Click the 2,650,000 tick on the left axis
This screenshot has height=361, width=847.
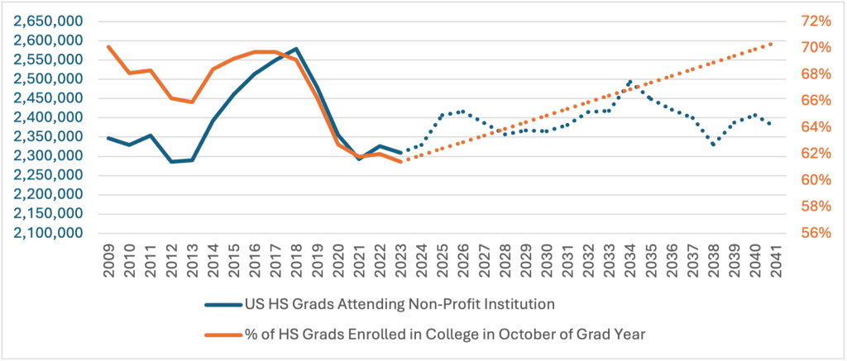[51, 21]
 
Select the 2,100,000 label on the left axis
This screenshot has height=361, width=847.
[51, 233]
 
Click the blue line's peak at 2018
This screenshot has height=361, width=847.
[296, 49]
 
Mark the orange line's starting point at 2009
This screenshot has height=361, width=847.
[108, 46]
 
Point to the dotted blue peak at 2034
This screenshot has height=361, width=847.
[630, 82]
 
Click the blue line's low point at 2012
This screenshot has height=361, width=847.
[171, 161]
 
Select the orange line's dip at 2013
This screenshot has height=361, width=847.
[192, 102]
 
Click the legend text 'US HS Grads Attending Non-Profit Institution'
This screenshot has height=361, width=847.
[398, 304]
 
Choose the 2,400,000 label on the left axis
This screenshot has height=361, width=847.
[51, 117]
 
